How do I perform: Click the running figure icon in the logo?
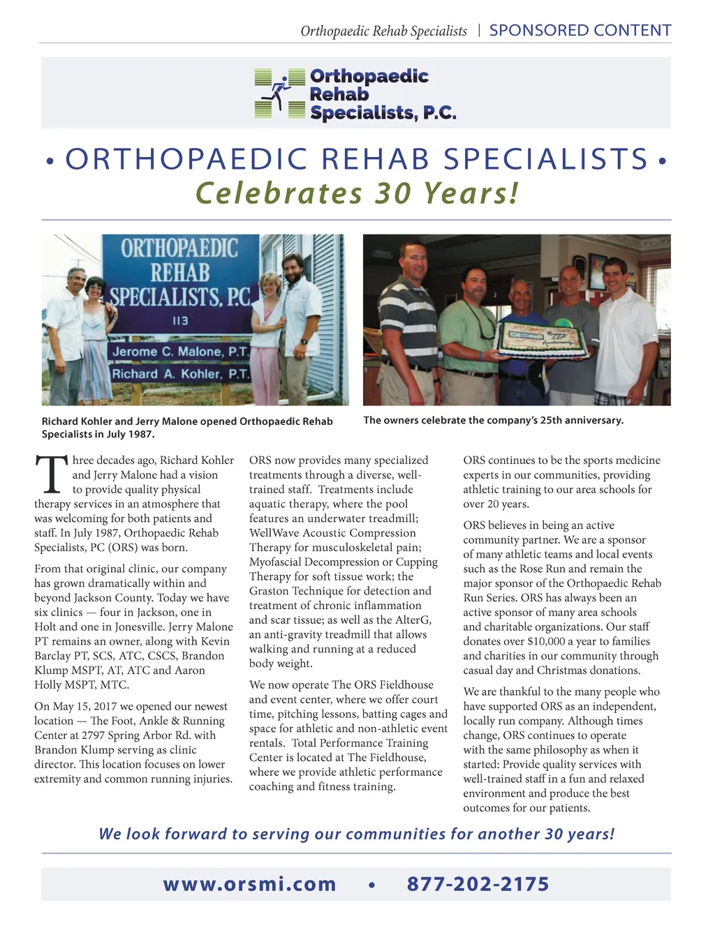tap(280, 93)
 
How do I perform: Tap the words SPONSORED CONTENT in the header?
tap(580, 31)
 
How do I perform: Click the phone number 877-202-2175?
tap(478, 884)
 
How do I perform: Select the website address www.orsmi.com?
tap(249, 884)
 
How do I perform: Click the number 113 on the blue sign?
tap(180, 321)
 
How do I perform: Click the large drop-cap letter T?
tap(51, 476)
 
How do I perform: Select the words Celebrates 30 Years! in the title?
tap(357, 193)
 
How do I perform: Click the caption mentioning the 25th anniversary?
tap(493, 420)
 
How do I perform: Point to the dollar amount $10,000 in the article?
tap(549, 641)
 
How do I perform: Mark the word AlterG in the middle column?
tap(413, 620)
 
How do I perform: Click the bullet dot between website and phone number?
tap(371, 885)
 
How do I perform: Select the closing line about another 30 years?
tap(357, 834)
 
